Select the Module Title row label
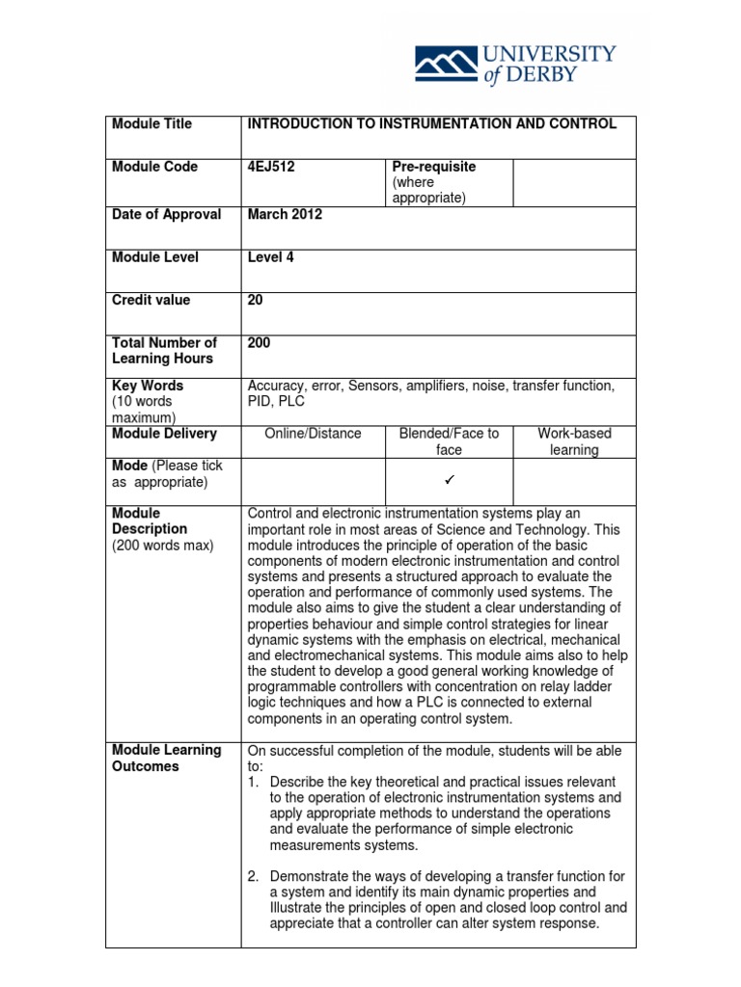pyautogui.click(x=151, y=124)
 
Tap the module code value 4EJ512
pyautogui.click(x=271, y=167)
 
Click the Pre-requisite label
pyautogui.click(x=434, y=167)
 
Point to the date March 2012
pyautogui.click(x=285, y=215)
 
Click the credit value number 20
pyautogui.click(x=256, y=300)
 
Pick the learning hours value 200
pyautogui.click(x=260, y=342)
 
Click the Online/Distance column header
pyautogui.click(x=313, y=434)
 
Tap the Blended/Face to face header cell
pyautogui.click(x=449, y=441)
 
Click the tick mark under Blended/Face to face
pyautogui.click(x=449, y=479)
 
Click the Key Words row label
pyautogui.click(x=148, y=386)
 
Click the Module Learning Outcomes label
pyautogui.click(x=167, y=758)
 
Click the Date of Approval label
pyautogui.click(x=167, y=215)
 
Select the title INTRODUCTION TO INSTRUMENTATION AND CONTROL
pyautogui.click(x=431, y=124)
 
